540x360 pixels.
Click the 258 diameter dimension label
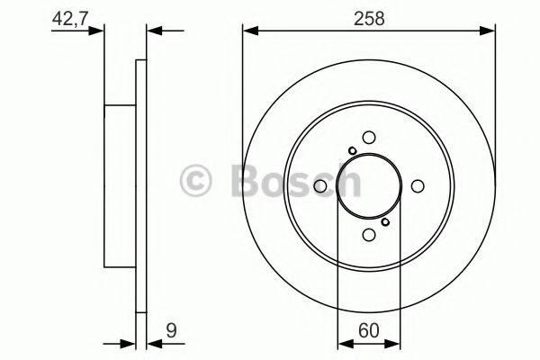(x=369, y=16)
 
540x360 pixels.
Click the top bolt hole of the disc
(x=369, y=136)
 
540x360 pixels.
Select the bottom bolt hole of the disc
(x=369, y=235)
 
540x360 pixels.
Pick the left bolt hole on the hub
(x=319, y=185)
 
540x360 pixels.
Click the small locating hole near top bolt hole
(x=353, y=150)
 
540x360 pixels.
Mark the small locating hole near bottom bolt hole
(x=385, y=221)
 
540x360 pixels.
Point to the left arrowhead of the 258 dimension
(x=249, y=32)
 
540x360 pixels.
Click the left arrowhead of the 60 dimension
(x=343, y=343)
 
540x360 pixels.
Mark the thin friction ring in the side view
(x=139, y=185)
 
